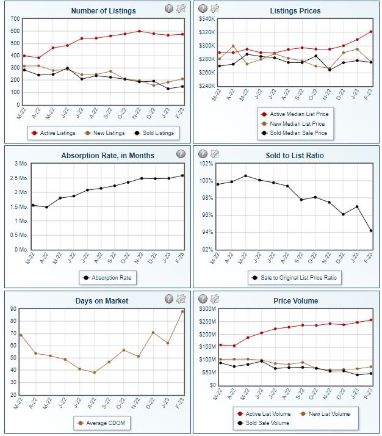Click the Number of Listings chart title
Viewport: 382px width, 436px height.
click(x=103, y=11)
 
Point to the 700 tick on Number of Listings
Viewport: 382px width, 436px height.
click(x=15, y=19)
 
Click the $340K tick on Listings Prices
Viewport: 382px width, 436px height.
click(x=205, y=19)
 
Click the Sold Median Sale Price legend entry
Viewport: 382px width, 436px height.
click(x=295, y=133)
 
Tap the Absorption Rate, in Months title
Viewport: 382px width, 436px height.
click(x=107, y=156)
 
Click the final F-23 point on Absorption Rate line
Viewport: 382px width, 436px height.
click(x=182, y=176)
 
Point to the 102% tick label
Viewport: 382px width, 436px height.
click(x=205, y=164)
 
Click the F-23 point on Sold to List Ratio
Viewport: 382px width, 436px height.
click(x=371, y=231)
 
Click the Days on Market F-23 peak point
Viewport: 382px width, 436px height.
click(x=182, y=311)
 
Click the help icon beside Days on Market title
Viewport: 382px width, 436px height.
click(x=168, y=299)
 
